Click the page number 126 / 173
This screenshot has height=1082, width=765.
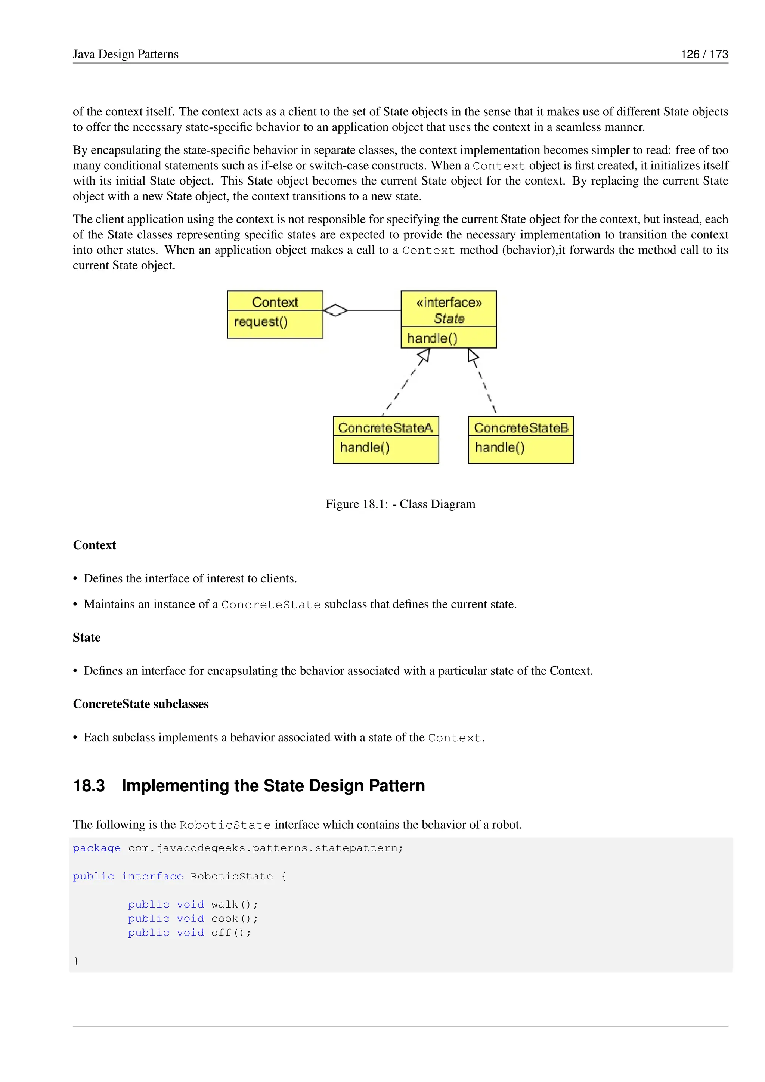pos(704,54)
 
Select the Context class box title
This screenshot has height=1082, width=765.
pos(275,302)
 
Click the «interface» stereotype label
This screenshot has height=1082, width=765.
pos(449,303)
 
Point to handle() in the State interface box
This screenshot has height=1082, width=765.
pos(432,338)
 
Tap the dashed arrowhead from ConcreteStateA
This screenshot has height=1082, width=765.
pos(424,355)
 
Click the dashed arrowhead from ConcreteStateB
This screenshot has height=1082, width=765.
pos(473,355)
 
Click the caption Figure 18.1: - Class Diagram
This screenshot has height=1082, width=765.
pos(400,504)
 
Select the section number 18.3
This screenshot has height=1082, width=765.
pos(89,786)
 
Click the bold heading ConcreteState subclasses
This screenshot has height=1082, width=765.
pos(140,704)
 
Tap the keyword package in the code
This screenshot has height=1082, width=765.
pos(97,848)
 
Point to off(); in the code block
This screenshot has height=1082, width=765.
pos(231,933)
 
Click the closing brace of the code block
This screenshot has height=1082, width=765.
pos(76,961)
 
